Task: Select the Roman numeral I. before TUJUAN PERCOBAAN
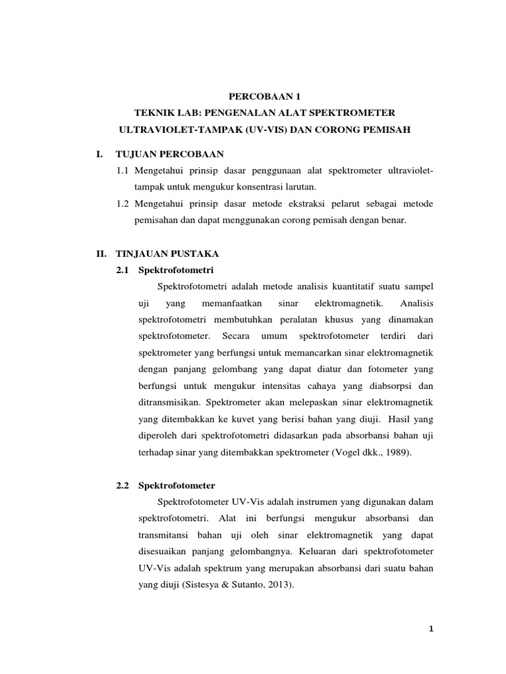[x=101, y=154]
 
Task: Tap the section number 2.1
[x=123, y=270]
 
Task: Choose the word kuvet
[x=242, y=418]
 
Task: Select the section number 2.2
[x=123, y=485]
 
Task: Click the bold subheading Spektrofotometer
[x=177, y=485]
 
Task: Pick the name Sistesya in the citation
[x=203, y=583]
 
